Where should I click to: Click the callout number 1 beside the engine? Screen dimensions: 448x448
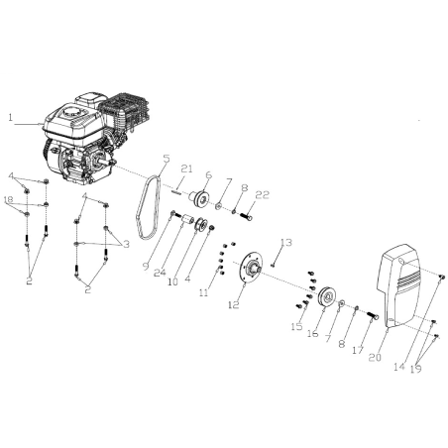[11, 117]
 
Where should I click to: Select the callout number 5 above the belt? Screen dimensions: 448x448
[167, 159]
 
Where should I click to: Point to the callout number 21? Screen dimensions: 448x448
[186, 168]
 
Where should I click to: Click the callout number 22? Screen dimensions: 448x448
[263, 195]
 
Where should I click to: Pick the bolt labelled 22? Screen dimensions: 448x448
[245, 217]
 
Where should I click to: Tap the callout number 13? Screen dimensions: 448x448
[286, 242]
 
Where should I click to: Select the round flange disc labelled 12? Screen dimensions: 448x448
[250, 268]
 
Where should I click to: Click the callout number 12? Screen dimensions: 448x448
[233, 304]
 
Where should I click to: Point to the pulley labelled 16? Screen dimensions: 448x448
[327, 297]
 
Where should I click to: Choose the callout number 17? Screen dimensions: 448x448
[358, 350]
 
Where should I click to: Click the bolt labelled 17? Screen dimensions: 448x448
[373, 316]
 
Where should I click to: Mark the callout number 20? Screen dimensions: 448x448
[376, 357]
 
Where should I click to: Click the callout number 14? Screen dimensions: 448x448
[399, 367]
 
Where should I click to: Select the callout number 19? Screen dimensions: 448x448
[416, 369]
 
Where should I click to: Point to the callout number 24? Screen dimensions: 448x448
[160, 273]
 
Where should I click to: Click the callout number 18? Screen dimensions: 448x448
[9, 199]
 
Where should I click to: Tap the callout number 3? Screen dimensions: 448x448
[126, 245]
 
